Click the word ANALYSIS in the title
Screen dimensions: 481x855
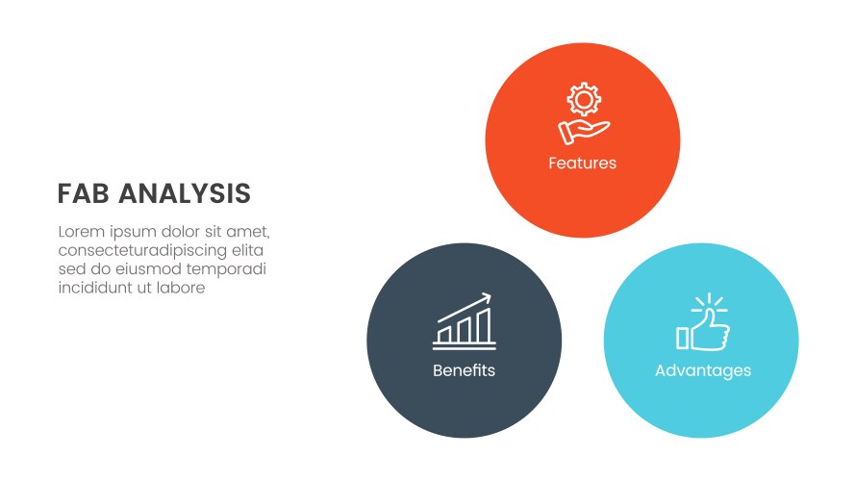click(185, 194)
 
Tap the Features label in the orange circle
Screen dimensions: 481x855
click(582, 164)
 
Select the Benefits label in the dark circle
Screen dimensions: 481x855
click(464, 370)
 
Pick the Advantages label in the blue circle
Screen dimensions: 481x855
click(702, 370)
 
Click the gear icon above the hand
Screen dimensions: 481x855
click(583, 100)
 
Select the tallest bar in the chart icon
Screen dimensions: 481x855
click(484, 325)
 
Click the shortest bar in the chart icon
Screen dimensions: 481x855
click(444, 334)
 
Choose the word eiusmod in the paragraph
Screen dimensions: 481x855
click(152, 268)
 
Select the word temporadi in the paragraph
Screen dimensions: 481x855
click(227, 268)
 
